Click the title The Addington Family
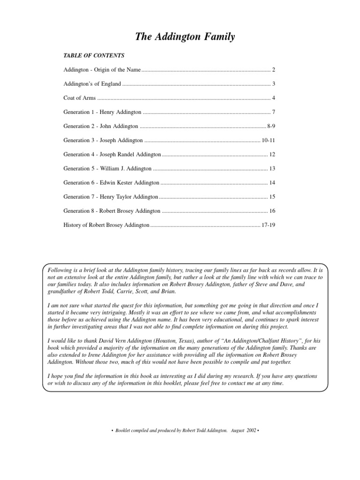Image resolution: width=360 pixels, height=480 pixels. pyautogui.click(x=185, y=37)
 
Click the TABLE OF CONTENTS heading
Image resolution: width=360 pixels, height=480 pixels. pyautogui.click(x=94, y=55)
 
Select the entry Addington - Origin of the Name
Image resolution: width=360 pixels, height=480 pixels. pyautogui.click(x=102, y=70)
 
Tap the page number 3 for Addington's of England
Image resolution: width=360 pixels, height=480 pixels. pyautogui.click(x=273, y=84)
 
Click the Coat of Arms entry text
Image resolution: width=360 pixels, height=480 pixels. pyautogui.click(x=79, y=98)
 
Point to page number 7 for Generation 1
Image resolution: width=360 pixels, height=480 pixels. pyautogui.click(x=273, y=112)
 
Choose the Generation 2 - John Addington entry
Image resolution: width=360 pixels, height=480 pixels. pyautogui.click(x=101, y=126)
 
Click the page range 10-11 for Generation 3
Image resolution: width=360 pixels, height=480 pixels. pyautogui.click(x=268, y=140)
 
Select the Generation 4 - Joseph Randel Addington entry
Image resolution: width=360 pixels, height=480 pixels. pyautogui.click(x=112, y=154)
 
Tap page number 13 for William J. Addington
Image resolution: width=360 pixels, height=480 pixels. pyautogui.click(x=272, y=168)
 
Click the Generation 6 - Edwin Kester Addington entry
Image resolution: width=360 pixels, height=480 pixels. pyautogui.click(x=111, y=182)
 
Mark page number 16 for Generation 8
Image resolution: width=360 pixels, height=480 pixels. pyautogui.click(x=272, y=210)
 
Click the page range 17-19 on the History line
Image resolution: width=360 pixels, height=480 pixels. pyautogui.click(x=268, y=225)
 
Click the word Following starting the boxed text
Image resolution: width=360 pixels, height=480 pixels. pyautogui.click(x=60, y=271)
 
